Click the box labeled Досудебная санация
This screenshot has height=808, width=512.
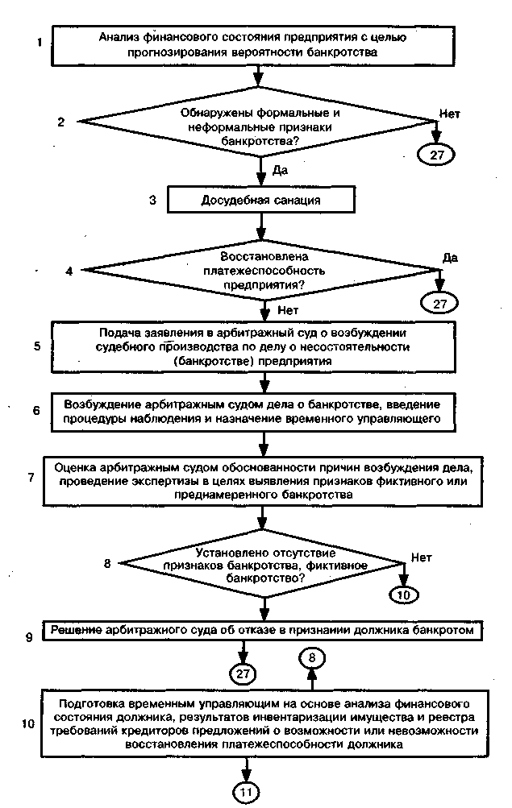[x=260, y=200]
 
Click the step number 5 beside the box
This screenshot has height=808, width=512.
[x=37, y=346]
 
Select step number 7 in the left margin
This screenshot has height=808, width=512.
[x=31, y=477]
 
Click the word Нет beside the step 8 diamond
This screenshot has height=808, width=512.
[x=422, y=557]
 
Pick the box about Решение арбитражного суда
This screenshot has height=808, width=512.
[x=263, y=630]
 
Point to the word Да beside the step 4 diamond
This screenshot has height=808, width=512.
[x=451, y=258]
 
